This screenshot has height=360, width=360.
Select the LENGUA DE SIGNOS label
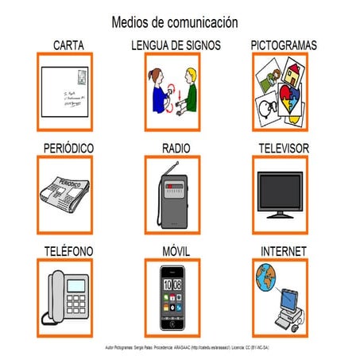(x=176, y=45)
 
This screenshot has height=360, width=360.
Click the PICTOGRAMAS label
(x=283, y=45)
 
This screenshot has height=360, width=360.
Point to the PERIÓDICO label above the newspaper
(x=68, y=149)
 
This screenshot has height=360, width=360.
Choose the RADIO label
(x=176, y=149)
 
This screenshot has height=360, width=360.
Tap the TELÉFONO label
(x=69, y=251)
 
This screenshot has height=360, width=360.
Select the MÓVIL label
(x=176, y=251)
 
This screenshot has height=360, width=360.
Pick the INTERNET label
(x=284, y=251)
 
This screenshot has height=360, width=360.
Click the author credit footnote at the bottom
(x=180, y=348)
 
